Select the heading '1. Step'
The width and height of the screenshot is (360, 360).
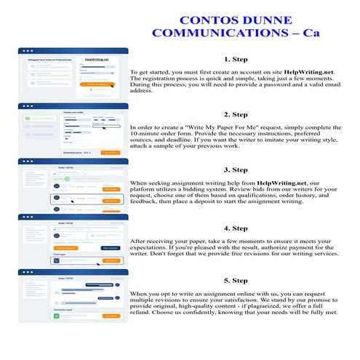coord(236,60)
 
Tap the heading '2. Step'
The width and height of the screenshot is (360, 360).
coord(236,114)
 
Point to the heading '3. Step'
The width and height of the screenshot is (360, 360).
coord(236,169)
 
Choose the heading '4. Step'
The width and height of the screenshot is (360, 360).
coord(236,226)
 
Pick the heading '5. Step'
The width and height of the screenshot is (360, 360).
coord(236,280)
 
